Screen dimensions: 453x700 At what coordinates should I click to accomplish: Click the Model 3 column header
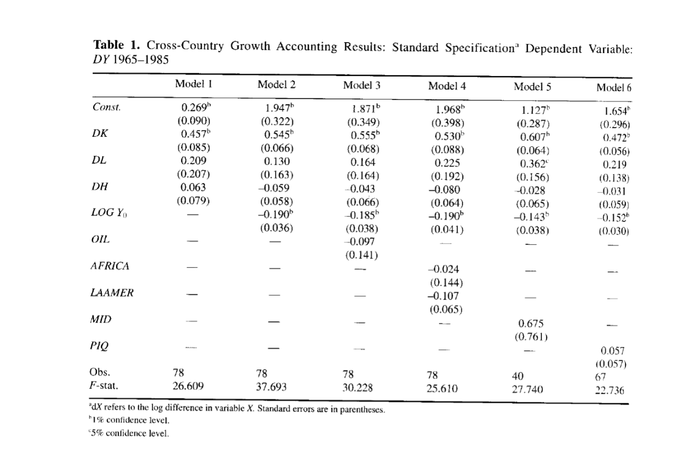tap(361, 86)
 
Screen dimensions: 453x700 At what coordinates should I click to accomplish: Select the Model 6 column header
tap(614, 88)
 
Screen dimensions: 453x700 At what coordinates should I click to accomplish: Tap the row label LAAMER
tap(112, 293)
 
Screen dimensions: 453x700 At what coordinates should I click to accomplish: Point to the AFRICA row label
tap(110, 266)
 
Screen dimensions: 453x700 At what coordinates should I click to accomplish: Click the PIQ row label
tap(99, 345)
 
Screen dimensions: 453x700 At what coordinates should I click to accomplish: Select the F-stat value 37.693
tap(271, 387)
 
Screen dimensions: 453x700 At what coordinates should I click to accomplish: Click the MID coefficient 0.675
tap(531, 324)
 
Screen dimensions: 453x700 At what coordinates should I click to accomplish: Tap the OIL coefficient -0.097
tap(360, 242)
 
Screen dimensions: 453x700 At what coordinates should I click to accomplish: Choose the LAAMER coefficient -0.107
tap(443, 296)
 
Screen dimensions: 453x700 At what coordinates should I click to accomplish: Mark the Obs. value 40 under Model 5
tap(518, 376)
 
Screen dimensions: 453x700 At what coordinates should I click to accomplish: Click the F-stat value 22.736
tap(609, 390)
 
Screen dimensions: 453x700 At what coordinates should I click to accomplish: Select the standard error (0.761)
tap(531, 337)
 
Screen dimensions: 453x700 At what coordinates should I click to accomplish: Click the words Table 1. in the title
tap(117, 45)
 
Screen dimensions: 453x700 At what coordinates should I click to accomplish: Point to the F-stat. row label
tap(104, 386)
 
